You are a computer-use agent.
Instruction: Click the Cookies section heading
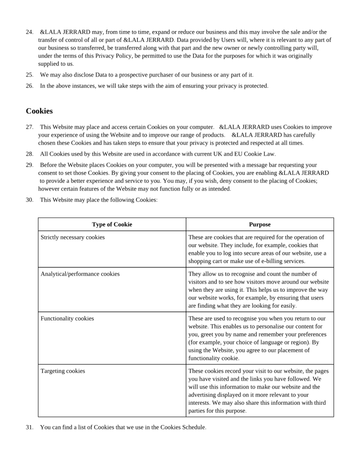[39, 111]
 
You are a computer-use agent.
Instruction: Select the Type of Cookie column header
[112, 225]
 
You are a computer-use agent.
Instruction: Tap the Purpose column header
[260, 225]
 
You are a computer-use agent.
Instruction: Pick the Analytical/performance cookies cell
[80, 273]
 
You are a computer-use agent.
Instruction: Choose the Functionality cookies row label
[67, 318]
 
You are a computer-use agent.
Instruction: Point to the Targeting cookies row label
[63, 371]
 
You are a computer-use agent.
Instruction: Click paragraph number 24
[30, 32]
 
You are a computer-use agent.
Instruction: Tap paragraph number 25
[30, 74]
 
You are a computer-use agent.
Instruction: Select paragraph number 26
[30, 86]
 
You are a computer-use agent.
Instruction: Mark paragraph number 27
[30, 127]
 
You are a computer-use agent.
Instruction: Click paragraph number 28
[30, 154]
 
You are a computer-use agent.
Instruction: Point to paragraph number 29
[30, 165]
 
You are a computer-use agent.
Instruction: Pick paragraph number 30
[30, 199]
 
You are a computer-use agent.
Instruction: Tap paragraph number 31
[30, 427]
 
